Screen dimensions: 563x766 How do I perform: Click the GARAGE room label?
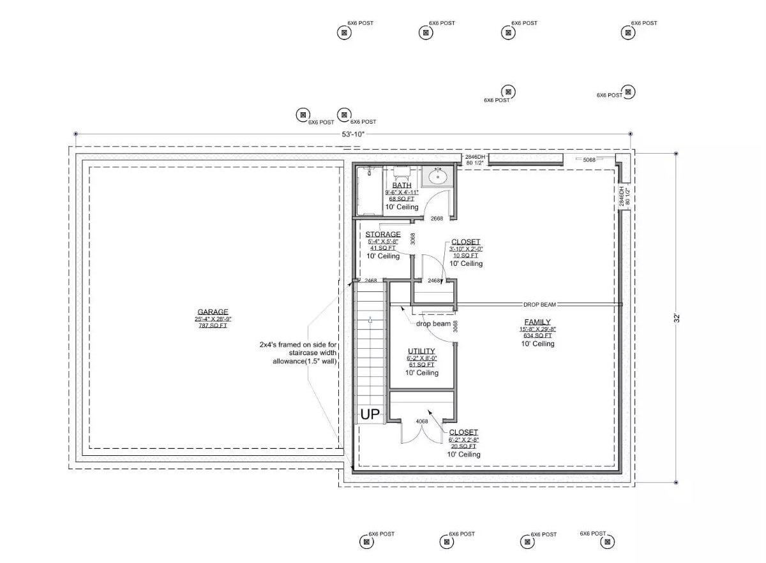tap(212, 312)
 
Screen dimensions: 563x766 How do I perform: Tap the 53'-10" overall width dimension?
tap(353, 135)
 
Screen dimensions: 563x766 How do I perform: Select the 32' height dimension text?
tap(677, 317)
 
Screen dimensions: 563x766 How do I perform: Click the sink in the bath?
tap(437, 176)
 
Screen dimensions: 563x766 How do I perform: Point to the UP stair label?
tap(370, 414)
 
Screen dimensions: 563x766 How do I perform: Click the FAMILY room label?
tap(537, 322)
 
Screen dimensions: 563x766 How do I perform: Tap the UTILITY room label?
tap(421, 351)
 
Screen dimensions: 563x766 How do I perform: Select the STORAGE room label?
tap(383, 234)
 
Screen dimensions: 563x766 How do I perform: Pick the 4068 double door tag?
tap(422, 421)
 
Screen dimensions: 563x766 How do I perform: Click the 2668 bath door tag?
tap(437, 219)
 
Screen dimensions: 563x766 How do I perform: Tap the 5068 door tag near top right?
tap(589, 160)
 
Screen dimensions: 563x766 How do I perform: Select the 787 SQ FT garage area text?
tap(212, 326)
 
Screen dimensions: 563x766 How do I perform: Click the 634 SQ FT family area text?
tap(537, 335)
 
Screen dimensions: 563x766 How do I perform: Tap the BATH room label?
tap(402, 185)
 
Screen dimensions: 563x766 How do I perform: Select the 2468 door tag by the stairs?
tap(371, 281)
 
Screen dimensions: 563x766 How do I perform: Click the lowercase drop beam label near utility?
tap(433, 324)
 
